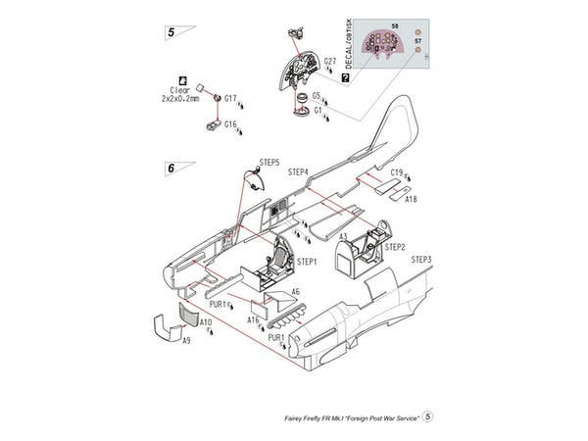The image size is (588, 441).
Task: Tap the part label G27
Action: (330, 62)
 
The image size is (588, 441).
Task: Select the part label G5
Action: (317, 96)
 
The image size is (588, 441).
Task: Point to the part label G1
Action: (318, 111)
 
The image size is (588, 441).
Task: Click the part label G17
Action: (230, 98)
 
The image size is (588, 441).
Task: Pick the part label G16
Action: (230, 124)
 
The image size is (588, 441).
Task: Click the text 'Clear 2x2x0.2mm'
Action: (178, 95)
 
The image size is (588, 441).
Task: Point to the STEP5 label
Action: (269, 162)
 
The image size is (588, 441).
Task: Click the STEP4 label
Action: (299, 171)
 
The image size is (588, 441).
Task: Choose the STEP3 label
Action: (421, 260)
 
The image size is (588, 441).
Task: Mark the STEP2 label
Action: (395, 247)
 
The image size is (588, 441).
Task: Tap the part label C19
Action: (396, 173)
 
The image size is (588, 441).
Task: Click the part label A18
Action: (411, 198)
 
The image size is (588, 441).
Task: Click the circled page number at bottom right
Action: (428, 417)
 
